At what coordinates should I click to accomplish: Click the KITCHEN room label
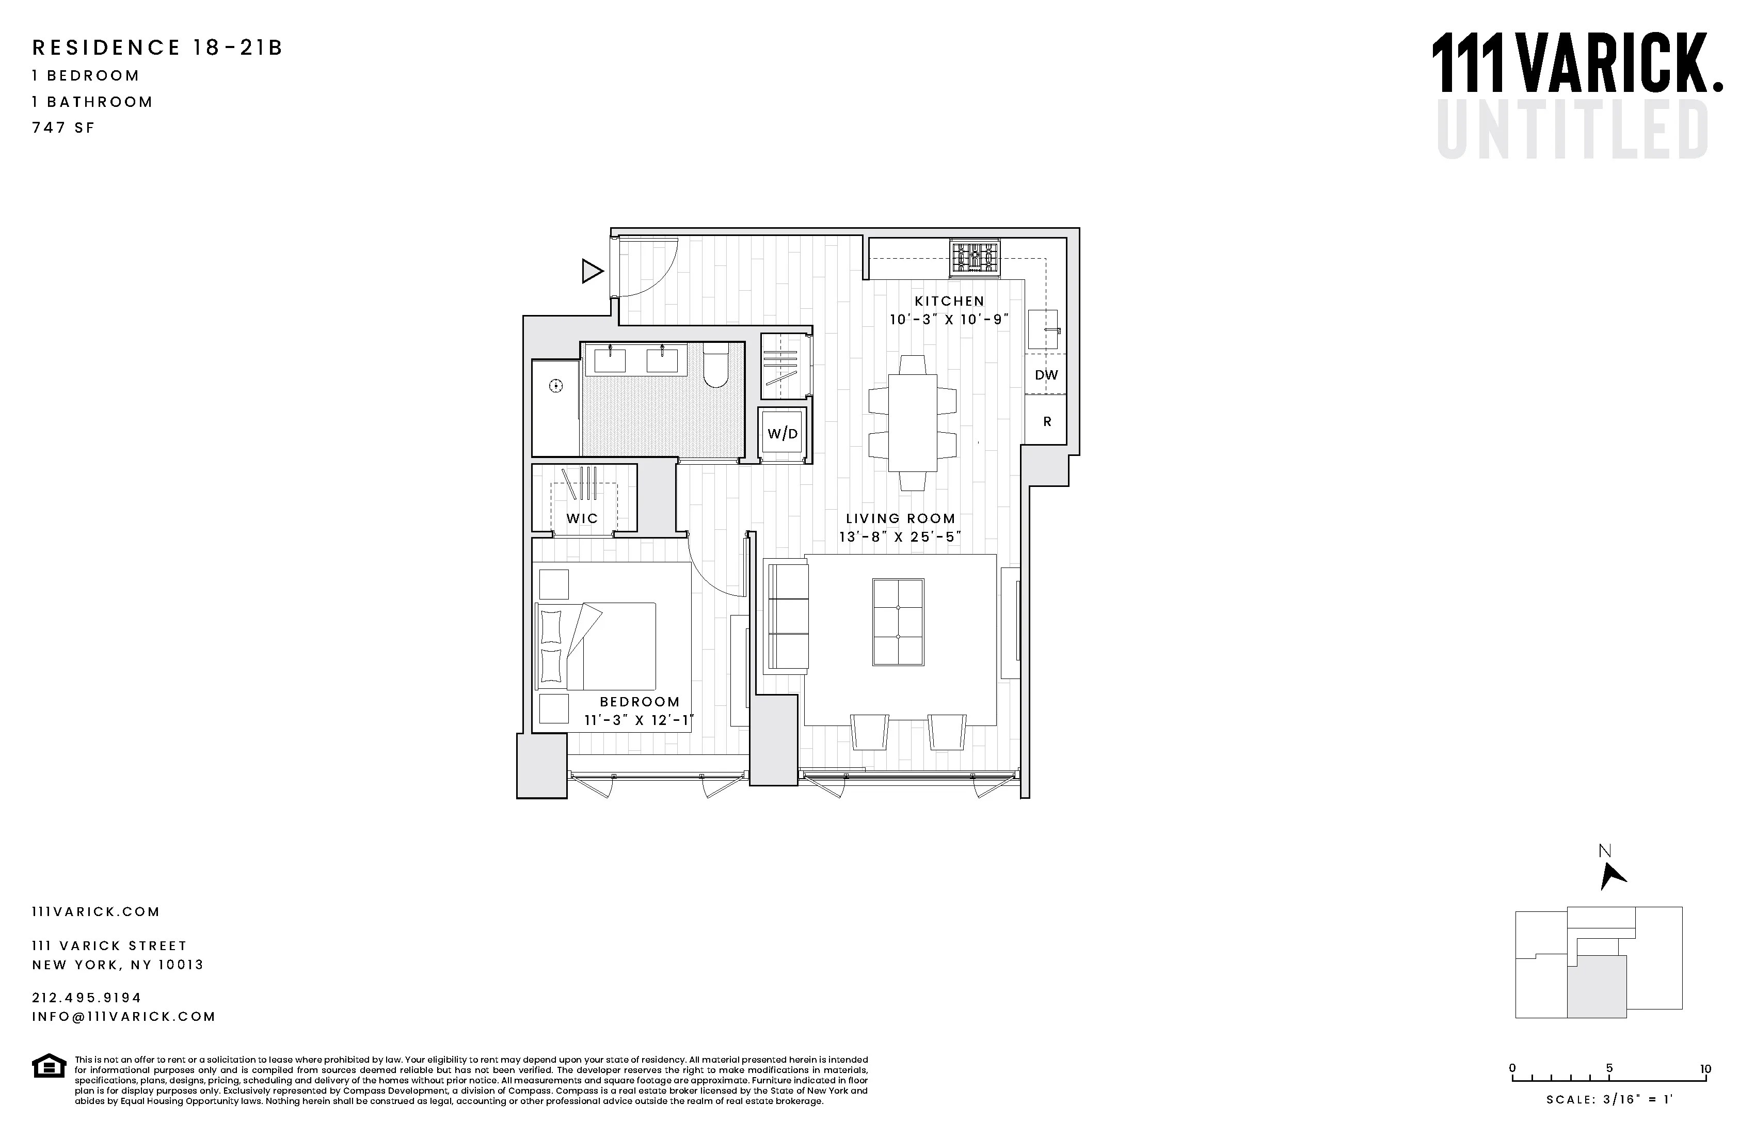(949, 301)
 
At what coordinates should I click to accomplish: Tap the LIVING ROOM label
(900, 518)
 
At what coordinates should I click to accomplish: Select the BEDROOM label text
(640, 702)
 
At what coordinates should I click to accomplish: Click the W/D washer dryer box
(783, 434)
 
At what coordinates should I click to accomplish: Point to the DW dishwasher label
(1046, 375)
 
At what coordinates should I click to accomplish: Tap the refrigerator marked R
(1046, 422)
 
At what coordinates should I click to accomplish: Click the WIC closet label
(582, 518)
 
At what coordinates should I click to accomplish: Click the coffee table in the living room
(898, 622)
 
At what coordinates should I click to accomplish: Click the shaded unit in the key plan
(1597, 988)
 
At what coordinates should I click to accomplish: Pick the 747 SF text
(63, 128)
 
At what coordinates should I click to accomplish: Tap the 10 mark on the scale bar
(1705, 1069)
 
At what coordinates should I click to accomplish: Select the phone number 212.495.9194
(86, 997)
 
